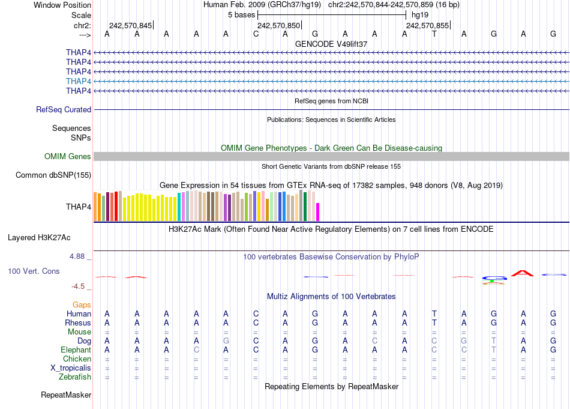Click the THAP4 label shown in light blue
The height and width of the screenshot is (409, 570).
[79, 81]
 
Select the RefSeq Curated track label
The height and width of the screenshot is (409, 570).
[64, 110]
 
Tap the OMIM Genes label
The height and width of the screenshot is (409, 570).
[68, 157]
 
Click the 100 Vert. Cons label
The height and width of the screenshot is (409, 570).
[34, 271]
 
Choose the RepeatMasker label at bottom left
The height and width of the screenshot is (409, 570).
[66, 395]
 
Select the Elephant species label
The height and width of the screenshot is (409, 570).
[76, 350]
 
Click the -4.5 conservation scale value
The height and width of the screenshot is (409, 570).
[79, 286]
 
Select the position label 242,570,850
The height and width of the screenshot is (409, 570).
[278, 26]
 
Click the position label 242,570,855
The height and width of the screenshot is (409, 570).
[427, 26]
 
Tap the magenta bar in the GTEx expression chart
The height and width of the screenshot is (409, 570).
[318, 213]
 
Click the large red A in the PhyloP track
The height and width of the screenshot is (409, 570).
[523, 273]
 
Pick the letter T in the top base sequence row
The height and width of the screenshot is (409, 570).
[434, 34]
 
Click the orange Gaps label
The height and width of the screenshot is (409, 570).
[82, 305]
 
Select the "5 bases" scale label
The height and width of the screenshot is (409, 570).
[241, 15]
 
